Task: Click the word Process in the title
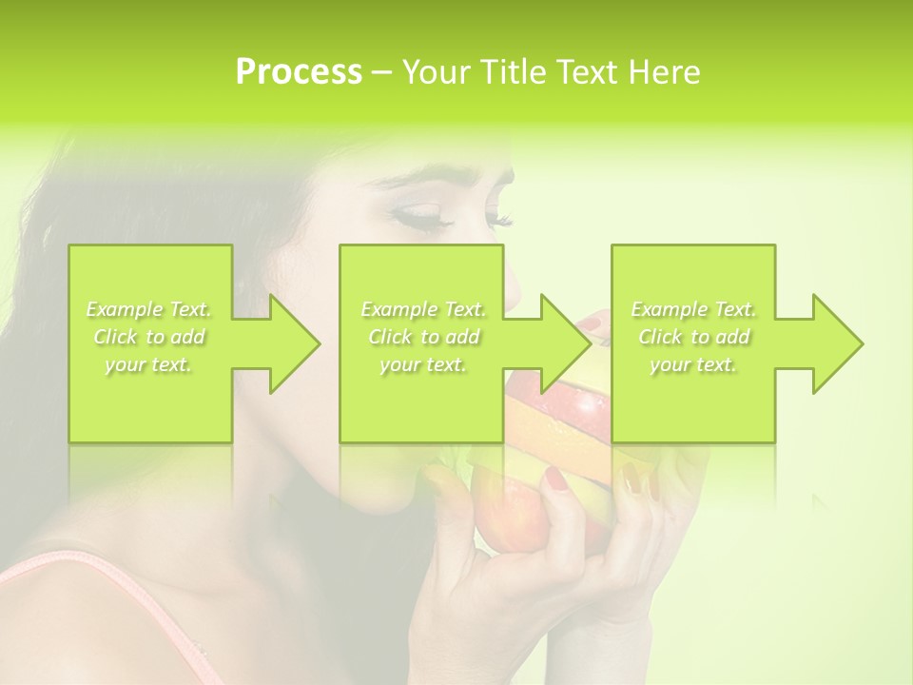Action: tap(299, 72)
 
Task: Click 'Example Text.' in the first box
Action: tap(149, 309)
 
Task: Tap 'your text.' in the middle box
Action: tap(423, 364)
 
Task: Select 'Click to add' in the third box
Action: tap(693, 337)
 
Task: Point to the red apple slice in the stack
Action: tap(583, 409)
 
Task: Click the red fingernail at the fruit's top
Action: tap(591, 324)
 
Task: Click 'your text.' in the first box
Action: tap(149, 364)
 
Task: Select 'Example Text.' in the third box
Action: tap(693, 309)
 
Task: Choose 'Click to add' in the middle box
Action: tap(423, 337)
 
